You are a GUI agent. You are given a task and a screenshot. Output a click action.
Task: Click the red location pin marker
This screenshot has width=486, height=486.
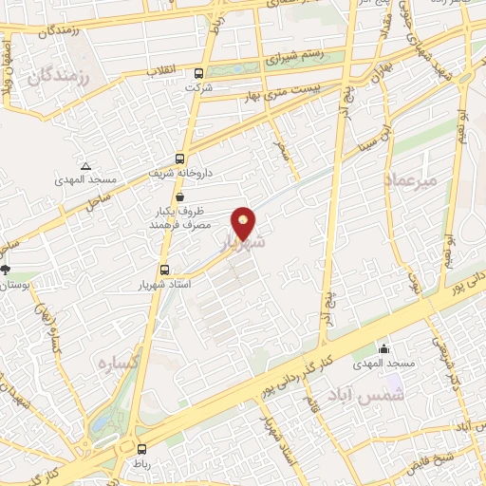tap(244, 223)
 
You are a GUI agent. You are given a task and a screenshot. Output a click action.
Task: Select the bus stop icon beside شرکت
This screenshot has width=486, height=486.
tap(197, 73)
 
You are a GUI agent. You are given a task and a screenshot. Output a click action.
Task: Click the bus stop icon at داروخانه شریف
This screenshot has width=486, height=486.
tap(180, 159)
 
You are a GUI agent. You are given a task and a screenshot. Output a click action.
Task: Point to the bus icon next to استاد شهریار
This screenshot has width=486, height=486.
tap(165, 270)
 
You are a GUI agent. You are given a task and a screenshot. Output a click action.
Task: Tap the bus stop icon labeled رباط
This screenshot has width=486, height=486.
tap(141, 450)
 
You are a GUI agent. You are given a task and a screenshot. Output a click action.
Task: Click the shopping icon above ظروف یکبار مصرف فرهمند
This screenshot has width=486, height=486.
tap(179, 196)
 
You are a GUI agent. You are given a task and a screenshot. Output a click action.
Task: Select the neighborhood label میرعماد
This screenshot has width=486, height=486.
tap(410, 178)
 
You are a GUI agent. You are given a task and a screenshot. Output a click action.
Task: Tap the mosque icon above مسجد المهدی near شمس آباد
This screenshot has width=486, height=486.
tap(383, 349)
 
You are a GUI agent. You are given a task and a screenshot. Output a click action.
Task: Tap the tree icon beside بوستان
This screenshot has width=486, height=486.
tap(6, 270)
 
